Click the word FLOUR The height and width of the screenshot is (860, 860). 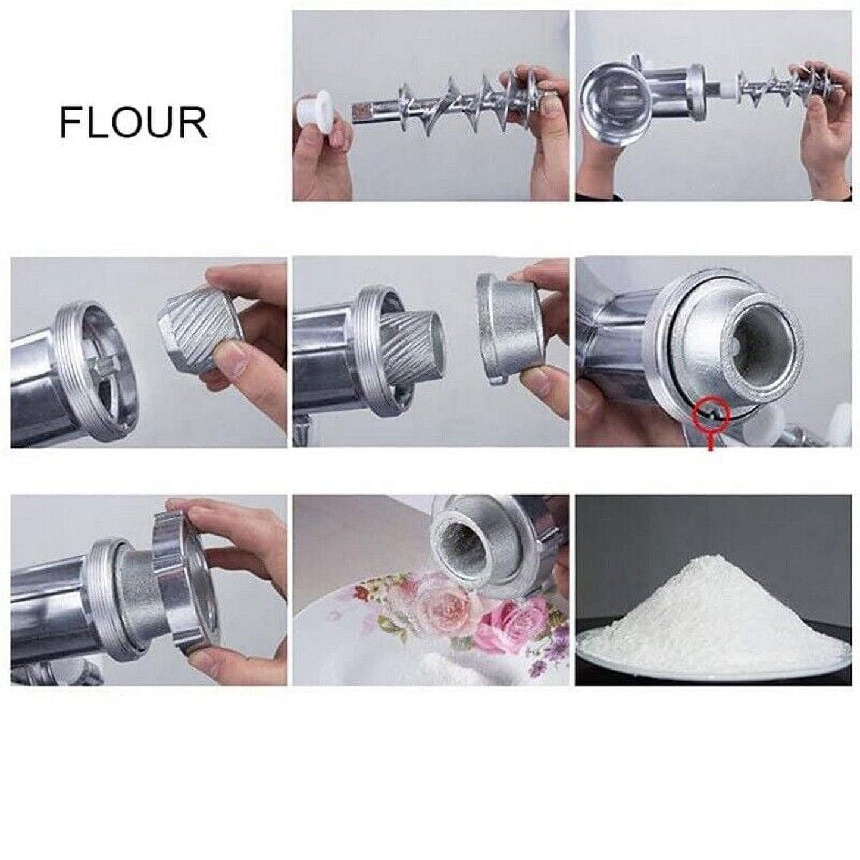point(133,123)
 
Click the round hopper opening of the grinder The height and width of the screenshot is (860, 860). point(612,98)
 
